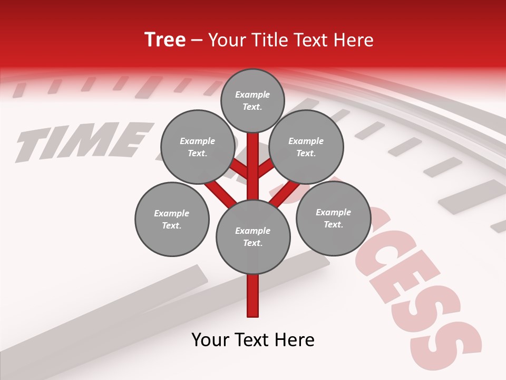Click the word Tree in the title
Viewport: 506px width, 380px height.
click(x=165, y=40)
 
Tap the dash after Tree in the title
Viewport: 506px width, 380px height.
click(x=197, y=40)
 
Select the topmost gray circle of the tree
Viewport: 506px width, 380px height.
click(x=252, y=100)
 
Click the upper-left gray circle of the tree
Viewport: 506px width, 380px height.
click(x=197, y=147)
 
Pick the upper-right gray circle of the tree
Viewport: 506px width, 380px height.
click(x=306, y=147)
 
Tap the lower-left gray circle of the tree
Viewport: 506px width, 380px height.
click(x=172, y=219)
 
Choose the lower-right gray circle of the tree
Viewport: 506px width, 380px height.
click(x=333, y=218)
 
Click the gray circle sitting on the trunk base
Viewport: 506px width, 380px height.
click(x=253, y=236)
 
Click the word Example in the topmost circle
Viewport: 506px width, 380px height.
click(x=252, y=94)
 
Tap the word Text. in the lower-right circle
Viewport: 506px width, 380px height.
click(x=333, y=224)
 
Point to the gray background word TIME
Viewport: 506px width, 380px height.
click(x=79, y=140)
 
